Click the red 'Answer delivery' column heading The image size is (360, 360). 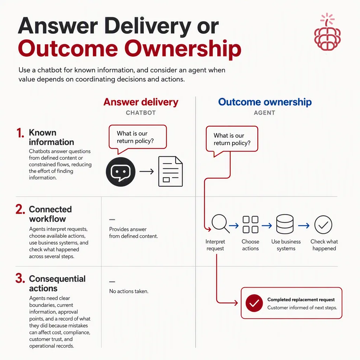[141, 102]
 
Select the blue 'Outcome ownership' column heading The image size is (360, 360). [265, 102]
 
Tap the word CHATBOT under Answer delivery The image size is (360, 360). [141, 113]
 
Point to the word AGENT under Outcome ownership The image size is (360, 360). [264, 113]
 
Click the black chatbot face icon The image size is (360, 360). [121, 172]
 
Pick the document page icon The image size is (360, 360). [171, 171]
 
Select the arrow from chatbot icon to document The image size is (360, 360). [147, 172]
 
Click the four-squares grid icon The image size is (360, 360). [250, 225]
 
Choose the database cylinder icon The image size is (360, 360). [285, 224]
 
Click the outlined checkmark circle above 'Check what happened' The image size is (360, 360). [323, 225]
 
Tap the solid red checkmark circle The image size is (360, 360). [254, 303]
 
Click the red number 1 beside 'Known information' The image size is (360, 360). [20, 133]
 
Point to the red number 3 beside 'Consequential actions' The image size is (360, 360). [20, 278]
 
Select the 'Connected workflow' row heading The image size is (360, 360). [50, 214]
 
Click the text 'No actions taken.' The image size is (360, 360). [129, 291]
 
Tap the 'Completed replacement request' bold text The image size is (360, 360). [301, 300]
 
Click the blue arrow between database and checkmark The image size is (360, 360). [304, 226]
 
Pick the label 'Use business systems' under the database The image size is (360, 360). [286, 245]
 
